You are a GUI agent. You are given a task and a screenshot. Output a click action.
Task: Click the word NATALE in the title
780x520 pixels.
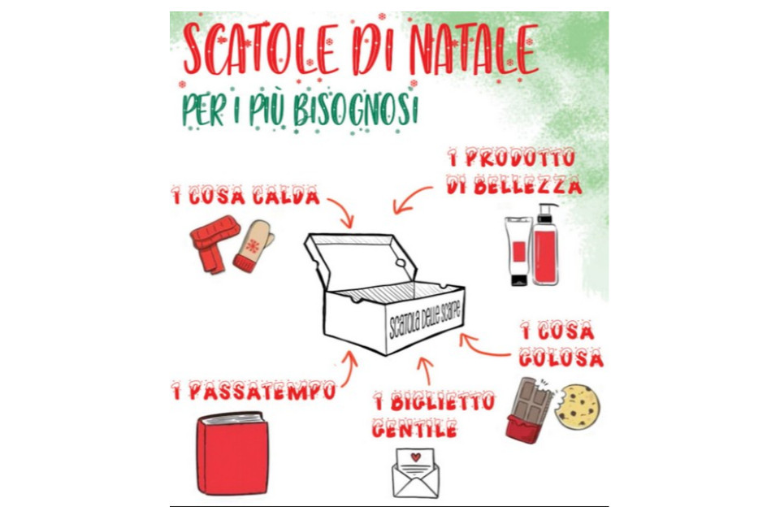[473, 50]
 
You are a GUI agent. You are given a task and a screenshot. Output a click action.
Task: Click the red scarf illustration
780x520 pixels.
[214, 243]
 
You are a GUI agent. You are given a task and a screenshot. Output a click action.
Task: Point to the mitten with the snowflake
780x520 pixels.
[253, 246]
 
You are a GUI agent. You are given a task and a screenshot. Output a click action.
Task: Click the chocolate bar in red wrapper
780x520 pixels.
[528, 410]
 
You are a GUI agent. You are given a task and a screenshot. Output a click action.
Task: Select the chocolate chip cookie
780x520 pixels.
[577, 406]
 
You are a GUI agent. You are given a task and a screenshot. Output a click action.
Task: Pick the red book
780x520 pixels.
[233, 453]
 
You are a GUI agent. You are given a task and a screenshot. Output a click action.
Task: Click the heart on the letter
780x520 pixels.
[416, 457]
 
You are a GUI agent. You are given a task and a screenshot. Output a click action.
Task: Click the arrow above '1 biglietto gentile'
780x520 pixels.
[425, 370]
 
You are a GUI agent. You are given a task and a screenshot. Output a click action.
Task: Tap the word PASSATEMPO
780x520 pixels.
[262, 391]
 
